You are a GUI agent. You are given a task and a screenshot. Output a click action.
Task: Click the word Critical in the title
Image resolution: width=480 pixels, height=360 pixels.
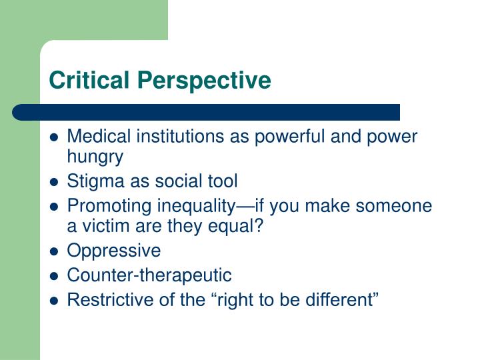pos(82,80)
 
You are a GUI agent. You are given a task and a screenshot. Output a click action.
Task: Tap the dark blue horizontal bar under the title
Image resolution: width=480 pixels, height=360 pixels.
pos(207,112)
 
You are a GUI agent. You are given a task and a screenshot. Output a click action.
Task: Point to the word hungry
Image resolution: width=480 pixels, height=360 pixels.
pos(95,157)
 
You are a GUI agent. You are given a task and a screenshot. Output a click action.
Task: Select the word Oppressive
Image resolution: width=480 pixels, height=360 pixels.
pos(114,250)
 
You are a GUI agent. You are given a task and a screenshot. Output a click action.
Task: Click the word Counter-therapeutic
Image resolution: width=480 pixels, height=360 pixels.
pos(150,274)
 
